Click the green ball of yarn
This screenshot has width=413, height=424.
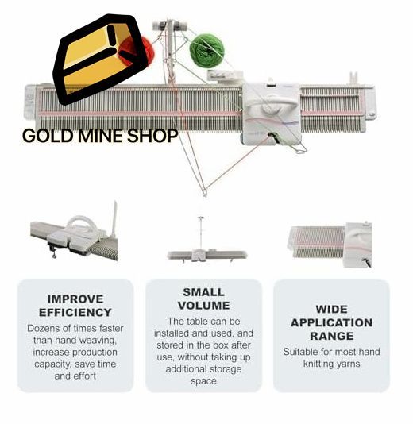(207, 50)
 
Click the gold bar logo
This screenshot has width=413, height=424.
(100, 59)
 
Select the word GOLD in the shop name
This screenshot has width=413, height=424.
(48, 136)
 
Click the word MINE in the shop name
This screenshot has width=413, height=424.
(101, 136)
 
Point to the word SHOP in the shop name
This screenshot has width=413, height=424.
(152, 136)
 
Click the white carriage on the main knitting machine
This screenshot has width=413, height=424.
(272, 113)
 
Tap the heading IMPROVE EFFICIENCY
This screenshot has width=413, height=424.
(75, 306)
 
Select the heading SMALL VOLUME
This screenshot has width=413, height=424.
(203, 299)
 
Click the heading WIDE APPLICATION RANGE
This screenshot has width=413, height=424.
(331, 322)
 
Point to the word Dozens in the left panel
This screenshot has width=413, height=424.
(43, 328)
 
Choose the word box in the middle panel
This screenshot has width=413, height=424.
(221, 345)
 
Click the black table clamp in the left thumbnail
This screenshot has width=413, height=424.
(53, 249)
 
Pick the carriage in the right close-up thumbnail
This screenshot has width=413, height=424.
(358, 245)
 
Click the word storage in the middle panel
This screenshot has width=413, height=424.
(225, 369)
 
